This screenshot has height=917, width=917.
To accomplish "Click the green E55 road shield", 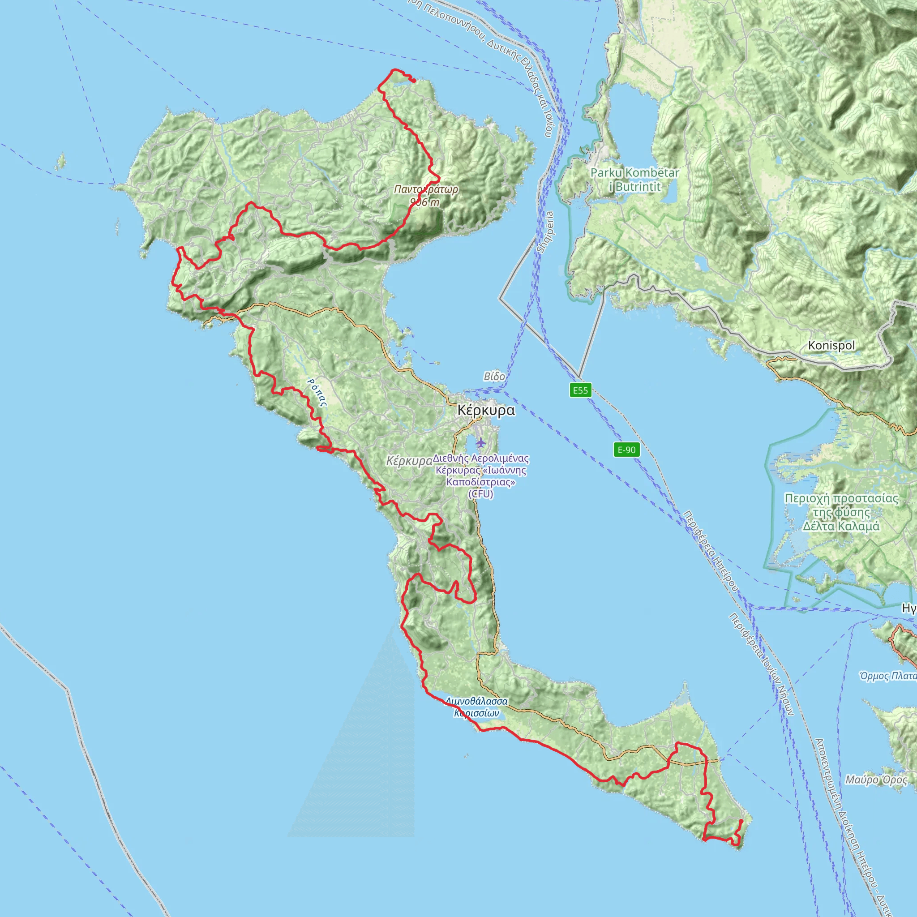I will pyautogui.click(x=580, y=390).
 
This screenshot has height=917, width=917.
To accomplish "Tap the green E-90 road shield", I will pyautogui.click(x=626, y=450).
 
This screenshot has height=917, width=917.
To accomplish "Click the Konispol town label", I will pyautogui.click(x=831, y=346).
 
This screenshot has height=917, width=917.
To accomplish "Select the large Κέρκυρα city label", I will pyautogui.click(x=485, y=410).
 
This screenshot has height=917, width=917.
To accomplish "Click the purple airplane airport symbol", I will pyautogui.click(x=481, y=443).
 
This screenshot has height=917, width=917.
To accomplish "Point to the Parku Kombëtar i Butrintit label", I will pyautogui.click(x=634, y=180).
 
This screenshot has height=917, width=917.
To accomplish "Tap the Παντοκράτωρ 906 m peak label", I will pyautogui.click(x=426, y=196).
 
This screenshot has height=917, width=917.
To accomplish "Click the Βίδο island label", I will pyautogui.click(x=494, y=377).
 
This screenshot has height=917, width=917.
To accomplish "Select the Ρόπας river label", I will pyautogui.click(x=317, y=393).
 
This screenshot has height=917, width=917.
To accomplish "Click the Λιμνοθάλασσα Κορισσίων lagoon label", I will pyautogui.click(x=476, y=707).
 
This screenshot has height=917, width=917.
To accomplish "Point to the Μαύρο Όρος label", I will pyautogui.click(x=876, y=780).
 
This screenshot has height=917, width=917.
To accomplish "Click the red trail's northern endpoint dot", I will pyautogui.click(x=414, y=81).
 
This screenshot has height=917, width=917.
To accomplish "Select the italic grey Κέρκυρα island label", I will pyautogui.click(x=409, y=461).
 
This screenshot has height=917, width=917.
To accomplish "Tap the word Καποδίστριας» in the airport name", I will pyautogui.click(x=481, y=482).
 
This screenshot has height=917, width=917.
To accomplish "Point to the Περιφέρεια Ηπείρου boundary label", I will pyautogui.click(x=710, y=551).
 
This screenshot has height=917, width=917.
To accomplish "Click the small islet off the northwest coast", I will pyautogui.click(x=60, y=163).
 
